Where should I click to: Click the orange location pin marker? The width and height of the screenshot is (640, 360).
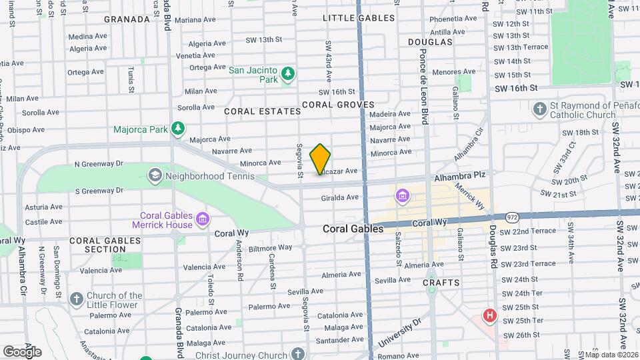tap(320, 159)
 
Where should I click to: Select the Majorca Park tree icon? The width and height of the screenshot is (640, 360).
tap(177, 129)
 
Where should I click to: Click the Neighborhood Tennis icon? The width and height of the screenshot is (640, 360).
tap(155, 176)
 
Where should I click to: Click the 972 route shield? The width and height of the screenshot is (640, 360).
tap(512, 217)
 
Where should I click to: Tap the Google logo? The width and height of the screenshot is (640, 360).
tap(22, 351)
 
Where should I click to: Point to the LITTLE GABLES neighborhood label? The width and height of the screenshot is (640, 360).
tap(358, 18)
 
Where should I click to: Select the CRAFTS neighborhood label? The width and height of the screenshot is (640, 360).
tap(441, 283)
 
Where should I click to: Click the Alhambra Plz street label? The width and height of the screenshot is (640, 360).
tap(461, 178)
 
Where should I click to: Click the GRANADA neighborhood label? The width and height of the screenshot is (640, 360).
tap(127, 19)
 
